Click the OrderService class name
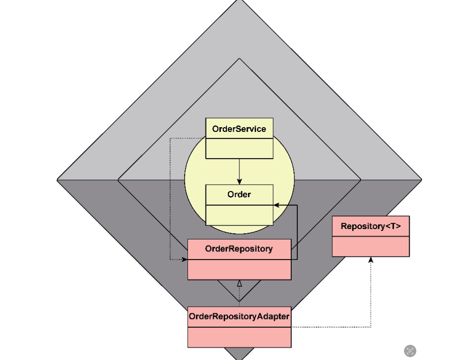239,129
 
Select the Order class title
239,194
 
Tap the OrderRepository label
239,249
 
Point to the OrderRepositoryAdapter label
239,316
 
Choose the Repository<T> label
370,226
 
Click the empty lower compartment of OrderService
239,149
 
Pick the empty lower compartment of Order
239,215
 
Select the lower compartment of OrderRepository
239,270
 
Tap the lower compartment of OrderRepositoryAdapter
239,337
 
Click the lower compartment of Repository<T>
370,246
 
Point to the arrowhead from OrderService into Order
239,181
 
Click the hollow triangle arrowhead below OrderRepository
239,284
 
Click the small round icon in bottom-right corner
410,351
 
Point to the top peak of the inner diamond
239,59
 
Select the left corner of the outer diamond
58,180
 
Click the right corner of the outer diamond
421,180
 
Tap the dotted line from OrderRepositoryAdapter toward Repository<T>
333,327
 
